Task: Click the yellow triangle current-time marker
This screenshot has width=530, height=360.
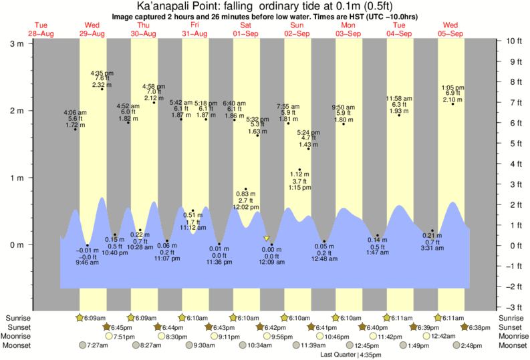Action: point(267,238)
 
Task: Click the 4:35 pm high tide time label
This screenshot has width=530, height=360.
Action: point(102,73)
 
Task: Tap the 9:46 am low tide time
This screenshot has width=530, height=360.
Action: point(88,262)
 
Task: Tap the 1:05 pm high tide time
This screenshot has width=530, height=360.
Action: point(453,87)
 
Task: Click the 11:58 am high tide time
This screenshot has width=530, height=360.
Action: point(400,99)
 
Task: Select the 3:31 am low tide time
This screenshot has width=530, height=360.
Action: point(432,248)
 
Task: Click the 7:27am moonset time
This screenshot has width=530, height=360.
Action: point(98,345)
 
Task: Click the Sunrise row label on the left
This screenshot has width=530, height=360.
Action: point(17,318)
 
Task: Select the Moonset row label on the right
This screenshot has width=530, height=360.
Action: point(511,345)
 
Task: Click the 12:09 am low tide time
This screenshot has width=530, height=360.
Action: point(271,262)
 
